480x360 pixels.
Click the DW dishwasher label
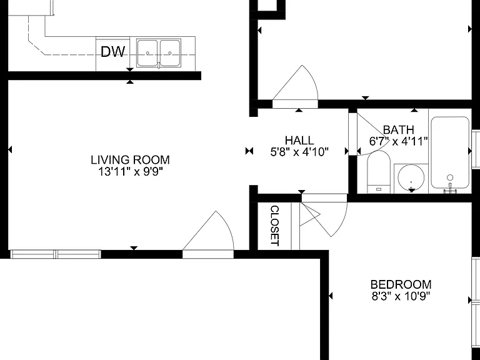[x=113, y=52]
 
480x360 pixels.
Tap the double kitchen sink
[x=159, y=53]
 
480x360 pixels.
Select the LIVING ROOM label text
[x=130, y=160]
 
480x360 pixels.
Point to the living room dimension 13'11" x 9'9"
[x=130, y=172]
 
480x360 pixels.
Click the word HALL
[x=299, y=141]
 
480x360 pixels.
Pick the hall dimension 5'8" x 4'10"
[x=299, y=152]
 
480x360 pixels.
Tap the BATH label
[x=399, y=130]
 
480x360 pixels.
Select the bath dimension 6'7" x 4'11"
[x=399, y=141]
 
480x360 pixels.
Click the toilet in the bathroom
[x=379, y=172]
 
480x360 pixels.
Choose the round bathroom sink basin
[x=411, y=178]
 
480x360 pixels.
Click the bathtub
[x=450, y=152]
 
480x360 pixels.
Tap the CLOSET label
[x=275, y=226]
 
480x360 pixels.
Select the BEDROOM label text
[x=401, y=285]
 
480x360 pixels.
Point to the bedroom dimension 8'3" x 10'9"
[x=401, y=296]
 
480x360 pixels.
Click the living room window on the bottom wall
[x=56, y=254]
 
